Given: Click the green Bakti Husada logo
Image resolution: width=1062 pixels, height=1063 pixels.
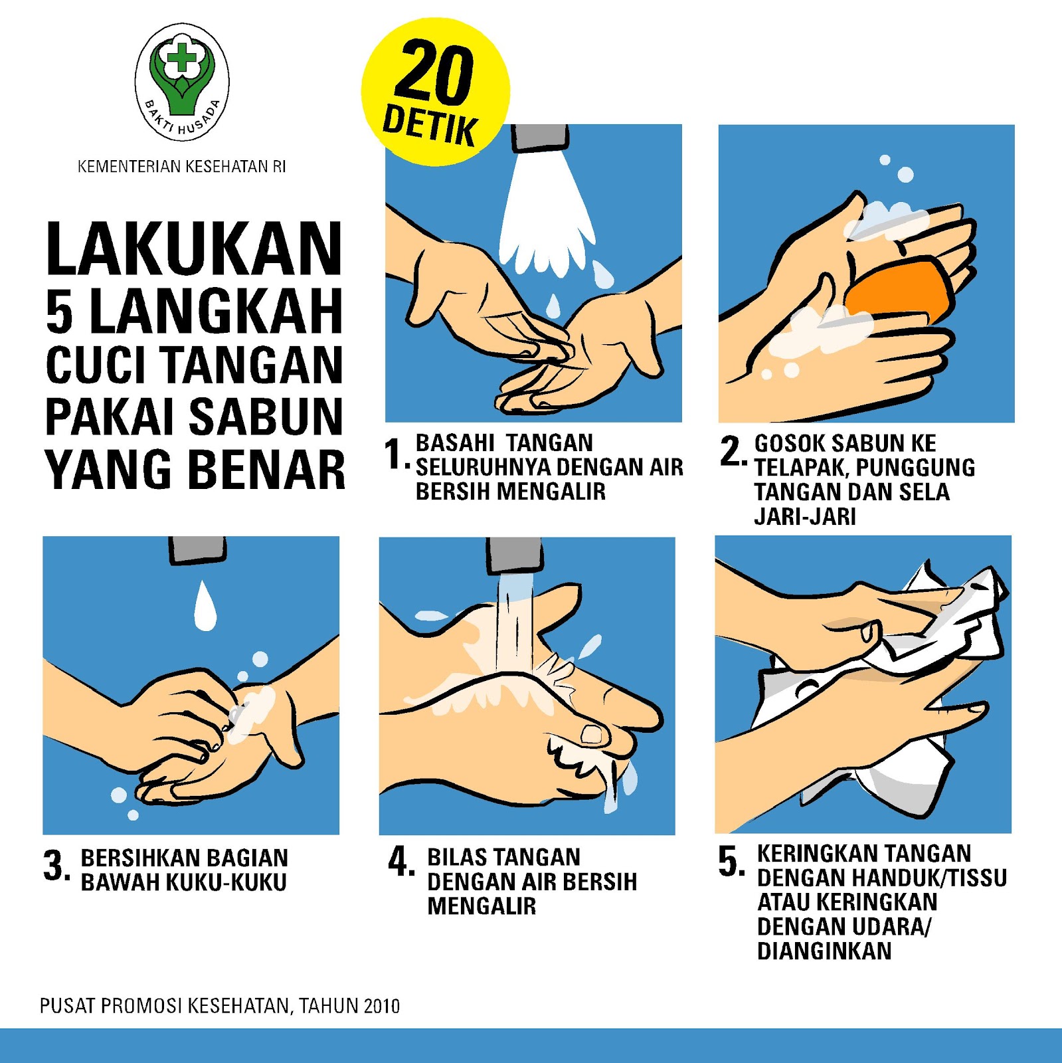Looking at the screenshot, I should click(x=181, y=81).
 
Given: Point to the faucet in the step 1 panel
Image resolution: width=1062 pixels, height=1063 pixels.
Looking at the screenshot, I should click(x=539, y=138).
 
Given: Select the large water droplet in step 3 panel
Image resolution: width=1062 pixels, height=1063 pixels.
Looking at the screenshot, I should click(x=205, y=606).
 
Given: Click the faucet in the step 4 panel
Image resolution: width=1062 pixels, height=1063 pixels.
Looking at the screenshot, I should click(x=513, y=555).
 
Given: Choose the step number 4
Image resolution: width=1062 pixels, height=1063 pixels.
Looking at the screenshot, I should click(x=400, y=862).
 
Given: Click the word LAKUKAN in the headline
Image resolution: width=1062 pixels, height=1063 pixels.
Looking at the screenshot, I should click(x=194, y=249).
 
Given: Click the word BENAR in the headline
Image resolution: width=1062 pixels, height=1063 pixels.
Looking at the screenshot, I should click(x=267, y=470).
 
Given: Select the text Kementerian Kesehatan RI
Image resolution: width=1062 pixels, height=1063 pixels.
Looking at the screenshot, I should click(x=181, y=167).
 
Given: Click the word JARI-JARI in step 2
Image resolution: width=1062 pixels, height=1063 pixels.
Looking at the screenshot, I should click(x=804, y=516).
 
